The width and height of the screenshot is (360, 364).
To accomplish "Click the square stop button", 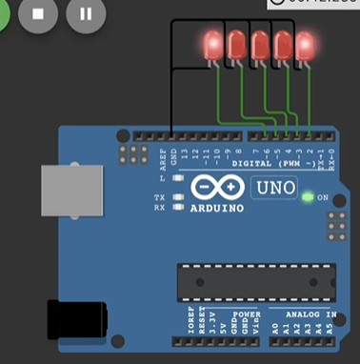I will point(39,14).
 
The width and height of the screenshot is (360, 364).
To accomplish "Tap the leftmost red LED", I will point(211,44).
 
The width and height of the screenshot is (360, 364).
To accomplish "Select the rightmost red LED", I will point(305,44).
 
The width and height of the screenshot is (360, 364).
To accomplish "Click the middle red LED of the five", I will point(258,44).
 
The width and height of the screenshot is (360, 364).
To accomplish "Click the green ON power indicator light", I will point(308,197).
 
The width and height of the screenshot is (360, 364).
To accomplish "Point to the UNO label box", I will point(274,187).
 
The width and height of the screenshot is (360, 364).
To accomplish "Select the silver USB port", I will point(70,194).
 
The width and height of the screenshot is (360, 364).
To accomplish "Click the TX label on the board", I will point(160,196).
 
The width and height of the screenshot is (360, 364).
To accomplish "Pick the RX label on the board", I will point(160,207).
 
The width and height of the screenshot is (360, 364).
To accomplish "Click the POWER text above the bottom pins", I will point(247,312).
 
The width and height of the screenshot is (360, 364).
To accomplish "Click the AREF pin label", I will point(161,153).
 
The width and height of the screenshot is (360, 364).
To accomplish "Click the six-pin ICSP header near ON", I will point(335,226).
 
